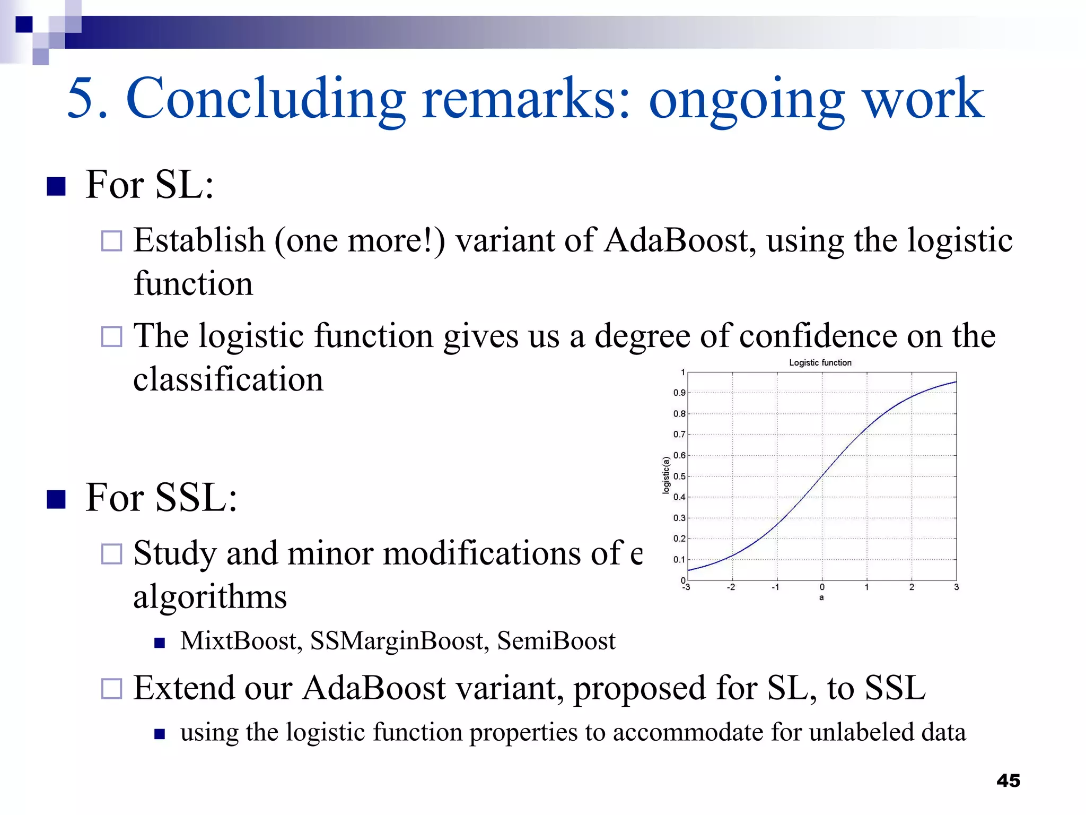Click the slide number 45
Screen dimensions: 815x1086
tap(1008, 781)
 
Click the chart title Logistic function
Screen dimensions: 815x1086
tap(820, 362)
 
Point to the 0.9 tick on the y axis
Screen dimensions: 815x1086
tap(679, 393)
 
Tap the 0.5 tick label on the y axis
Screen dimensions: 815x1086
tap(679, 476)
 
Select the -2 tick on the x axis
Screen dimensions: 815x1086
tap(731, 587)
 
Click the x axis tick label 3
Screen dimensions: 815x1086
tap(956, 587)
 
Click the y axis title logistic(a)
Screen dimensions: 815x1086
tap(666, 475)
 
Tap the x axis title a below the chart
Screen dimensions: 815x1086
tap(821, 597)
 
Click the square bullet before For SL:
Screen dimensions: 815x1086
tap(56, 186)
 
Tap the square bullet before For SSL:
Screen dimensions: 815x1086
tap(56, 499)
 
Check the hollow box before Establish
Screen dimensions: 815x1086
tap(112, 241)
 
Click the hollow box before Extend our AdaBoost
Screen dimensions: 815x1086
tap(112, 689)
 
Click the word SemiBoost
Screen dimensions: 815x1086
tap(556, 640)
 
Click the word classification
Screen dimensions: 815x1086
tap(228, 379)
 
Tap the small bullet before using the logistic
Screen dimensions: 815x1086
tap(160, 734)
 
